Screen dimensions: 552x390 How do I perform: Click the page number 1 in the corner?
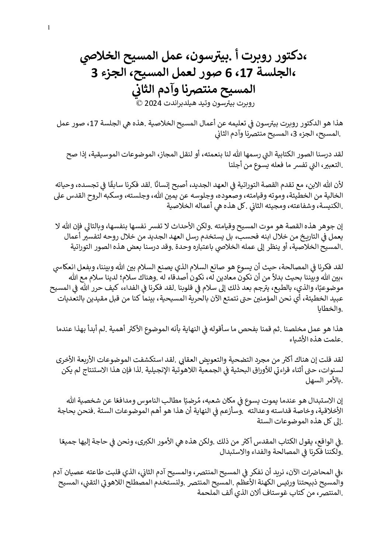[x=49, y=27]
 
